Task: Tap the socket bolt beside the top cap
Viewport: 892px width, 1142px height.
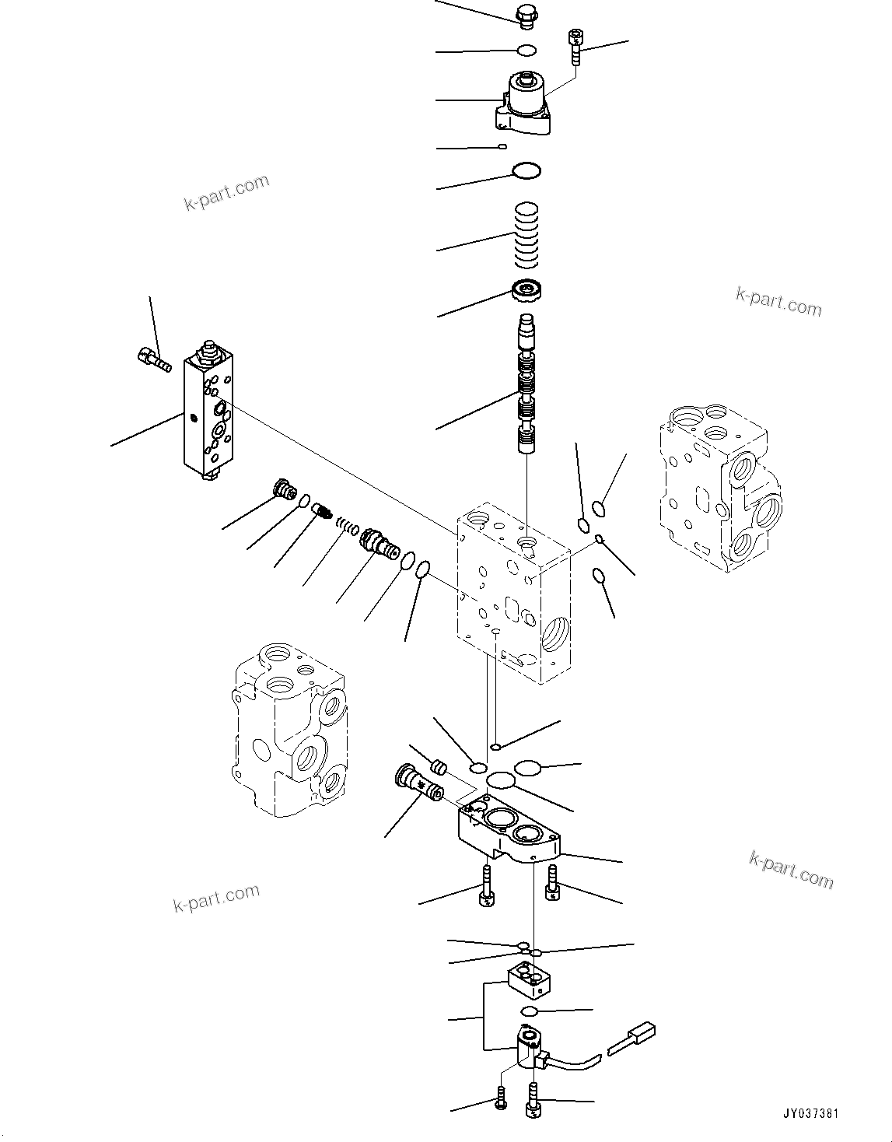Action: pyautogui.click(x=575, y=46)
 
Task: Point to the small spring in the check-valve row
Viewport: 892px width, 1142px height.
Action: pyautogui.click(x=348, y=528)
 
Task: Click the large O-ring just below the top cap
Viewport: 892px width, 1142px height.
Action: pyautogui.click(x=526, y=171)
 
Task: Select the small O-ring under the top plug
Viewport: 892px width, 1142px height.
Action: pyautogui.click(x=526, y=51)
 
